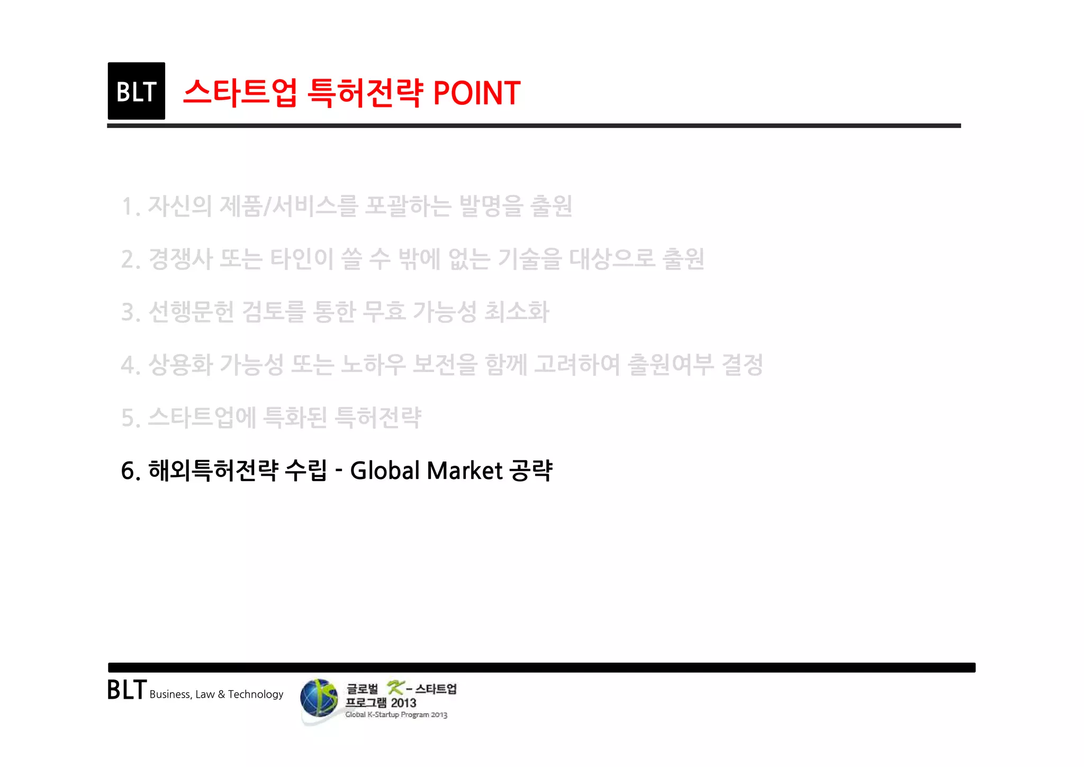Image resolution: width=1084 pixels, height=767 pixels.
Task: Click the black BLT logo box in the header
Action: (136, 91)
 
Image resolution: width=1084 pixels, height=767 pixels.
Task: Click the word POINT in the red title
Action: (476, 93)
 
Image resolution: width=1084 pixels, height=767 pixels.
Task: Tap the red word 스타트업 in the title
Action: (240, 93)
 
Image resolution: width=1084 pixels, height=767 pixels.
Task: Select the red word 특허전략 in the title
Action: (365, 93)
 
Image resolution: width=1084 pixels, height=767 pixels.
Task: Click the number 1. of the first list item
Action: (130, 206)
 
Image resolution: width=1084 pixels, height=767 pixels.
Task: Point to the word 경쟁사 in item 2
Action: (180, 259)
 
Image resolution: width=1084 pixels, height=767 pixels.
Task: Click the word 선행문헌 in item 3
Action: (191, 312)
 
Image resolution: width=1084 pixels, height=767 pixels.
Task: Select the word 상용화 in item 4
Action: (180, 365)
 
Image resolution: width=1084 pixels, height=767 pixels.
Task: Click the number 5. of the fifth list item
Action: (130, 418)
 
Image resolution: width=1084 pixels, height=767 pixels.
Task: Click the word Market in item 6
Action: (464, 471)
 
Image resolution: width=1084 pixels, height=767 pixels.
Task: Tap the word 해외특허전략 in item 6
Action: (213, 471)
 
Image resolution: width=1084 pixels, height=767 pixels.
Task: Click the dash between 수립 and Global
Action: (339, 471)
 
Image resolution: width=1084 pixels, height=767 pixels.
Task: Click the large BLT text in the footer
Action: (127, 690)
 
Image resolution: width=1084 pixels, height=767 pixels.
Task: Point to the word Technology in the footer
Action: (256, 694)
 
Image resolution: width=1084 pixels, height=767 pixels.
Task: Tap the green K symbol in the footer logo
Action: (395, 688)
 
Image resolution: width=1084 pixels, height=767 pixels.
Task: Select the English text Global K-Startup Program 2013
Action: (396, 715)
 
